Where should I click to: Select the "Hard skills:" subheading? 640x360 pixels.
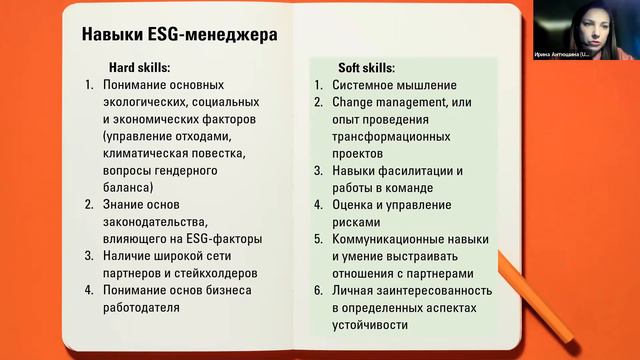tap(140, 68)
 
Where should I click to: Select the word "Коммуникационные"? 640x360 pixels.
tap(390, 239)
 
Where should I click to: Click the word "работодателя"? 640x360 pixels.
tap(140, 308)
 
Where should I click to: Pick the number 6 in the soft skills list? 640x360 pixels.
tap(318, 290)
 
